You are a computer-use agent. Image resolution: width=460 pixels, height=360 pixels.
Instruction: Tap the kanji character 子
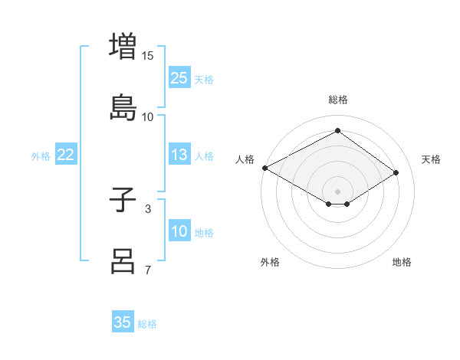pyautogui.click(x=123, y=200)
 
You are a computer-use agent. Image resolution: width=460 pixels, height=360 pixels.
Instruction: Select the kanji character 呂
pyautogui.click(x=123, y=260)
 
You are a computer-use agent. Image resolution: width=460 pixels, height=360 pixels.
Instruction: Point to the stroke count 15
pyautogui.click(x=148, y=56)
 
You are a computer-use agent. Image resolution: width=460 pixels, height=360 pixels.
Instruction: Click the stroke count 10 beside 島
pyautogui.click(x=148, y=116)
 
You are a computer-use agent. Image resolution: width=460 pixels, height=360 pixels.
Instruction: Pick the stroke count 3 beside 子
pyautogui.click(x=148, y=208)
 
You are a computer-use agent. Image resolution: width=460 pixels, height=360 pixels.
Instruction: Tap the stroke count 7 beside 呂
pyautogui.click(x=148, y=270)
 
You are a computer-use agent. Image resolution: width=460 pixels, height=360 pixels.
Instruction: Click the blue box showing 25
pyautogui.click(x=179, y=78)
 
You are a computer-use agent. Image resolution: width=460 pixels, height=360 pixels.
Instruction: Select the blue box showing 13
pyautogui.click(x=179, y=155)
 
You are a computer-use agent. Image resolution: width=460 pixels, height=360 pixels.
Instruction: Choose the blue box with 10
pyautogui.click(x=179, y=231)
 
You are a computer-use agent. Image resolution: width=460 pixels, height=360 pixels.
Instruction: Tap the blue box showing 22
pyautogui.click(x=65, y=155)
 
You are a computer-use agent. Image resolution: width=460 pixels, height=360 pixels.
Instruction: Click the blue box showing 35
pyautogui.click(x=123, y=322)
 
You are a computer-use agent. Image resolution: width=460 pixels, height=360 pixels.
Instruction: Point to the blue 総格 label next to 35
pyautogui.click(x=147, y=324)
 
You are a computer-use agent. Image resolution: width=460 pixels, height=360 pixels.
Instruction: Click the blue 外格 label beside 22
pyautogui.click(x=41, y=155)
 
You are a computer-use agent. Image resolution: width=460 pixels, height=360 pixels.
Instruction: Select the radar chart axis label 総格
pyautogui.click(x=337, y=100)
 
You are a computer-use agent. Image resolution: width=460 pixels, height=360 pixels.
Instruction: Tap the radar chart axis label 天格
pyautogui.click(x=431, y=159)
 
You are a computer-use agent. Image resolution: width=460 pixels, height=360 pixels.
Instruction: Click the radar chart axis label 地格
pyautogui.click(x=402, y=262)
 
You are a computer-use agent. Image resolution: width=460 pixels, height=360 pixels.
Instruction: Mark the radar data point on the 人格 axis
pyautogui.click(x=264, y=168)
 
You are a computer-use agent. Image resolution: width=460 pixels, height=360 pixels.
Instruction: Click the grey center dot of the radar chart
pyautogui.click(x=337, y=191)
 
